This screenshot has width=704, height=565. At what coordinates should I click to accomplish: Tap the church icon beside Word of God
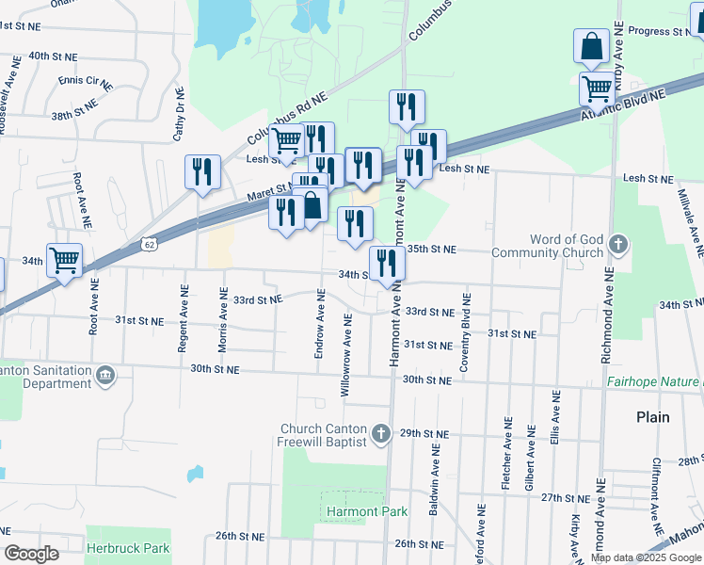click(618, 245)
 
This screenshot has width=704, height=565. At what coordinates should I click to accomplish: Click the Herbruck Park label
click(128, 547)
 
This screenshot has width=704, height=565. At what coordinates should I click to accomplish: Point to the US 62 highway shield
click(149, 244)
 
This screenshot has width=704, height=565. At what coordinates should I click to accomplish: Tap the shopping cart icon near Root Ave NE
click(64, 259)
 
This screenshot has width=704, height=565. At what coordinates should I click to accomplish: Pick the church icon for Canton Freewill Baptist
click(380, 433)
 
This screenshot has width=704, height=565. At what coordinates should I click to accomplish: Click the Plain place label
click(652, 416)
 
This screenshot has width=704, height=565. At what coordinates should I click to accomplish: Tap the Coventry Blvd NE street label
click(465, 333)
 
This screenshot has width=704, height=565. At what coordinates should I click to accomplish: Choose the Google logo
click(31, 554)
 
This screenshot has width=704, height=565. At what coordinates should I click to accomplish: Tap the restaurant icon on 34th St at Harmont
click(384, 263)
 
